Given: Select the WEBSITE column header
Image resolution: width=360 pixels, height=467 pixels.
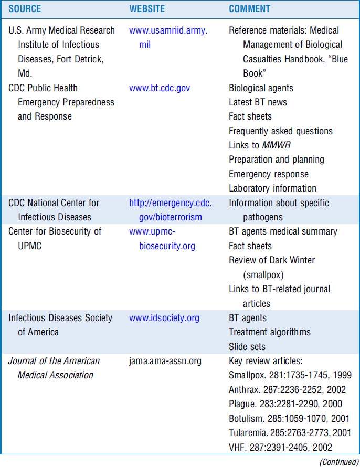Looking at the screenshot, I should tap(147, 9).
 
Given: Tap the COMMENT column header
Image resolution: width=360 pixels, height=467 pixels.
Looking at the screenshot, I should tap(250, 9).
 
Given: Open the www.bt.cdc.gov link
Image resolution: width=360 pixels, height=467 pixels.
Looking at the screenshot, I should tap(160, 88).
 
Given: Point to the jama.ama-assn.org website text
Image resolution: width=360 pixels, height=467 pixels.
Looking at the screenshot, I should tap(165, 361).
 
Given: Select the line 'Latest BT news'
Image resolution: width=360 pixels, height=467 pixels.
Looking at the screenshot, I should tap(258, 102).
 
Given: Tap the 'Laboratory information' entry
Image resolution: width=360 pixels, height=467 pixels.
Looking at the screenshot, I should tap(272, 188).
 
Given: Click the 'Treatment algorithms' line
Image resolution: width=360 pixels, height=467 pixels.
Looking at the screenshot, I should tap(270, 332).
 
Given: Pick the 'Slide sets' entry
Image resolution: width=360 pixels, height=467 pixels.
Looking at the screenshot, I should tap(247, 347).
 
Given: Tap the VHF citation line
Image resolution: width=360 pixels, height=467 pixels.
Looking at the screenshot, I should tap(281, 448).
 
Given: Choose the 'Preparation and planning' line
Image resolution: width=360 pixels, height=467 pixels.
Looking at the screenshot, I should tap(277, 160).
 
